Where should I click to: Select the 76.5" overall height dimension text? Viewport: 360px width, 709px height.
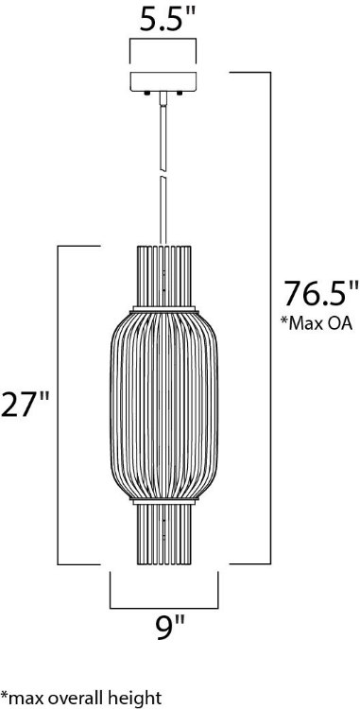(314, 291)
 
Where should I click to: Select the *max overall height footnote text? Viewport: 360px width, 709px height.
(79, 699)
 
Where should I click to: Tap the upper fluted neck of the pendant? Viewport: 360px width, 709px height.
(164, 275)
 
